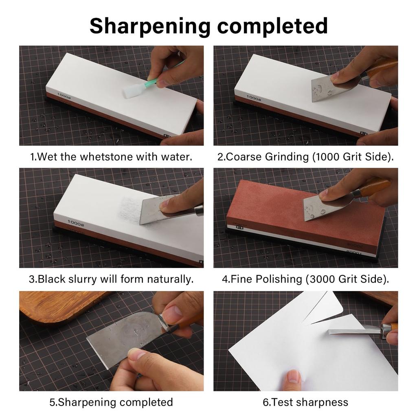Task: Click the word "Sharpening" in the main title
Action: coord(149,26)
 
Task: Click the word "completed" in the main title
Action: coord(272,26)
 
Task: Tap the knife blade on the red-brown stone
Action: coord(322,207)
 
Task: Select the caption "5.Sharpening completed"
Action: coord(111,402)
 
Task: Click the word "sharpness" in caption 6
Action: coord(322,402)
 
